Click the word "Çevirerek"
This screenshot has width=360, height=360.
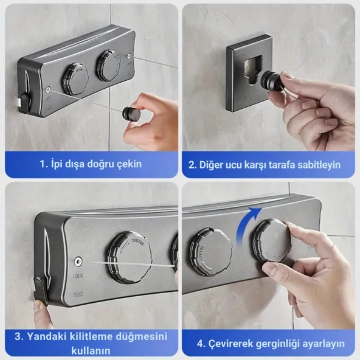click(230, 344)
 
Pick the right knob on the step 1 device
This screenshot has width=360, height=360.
click(108, 64)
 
